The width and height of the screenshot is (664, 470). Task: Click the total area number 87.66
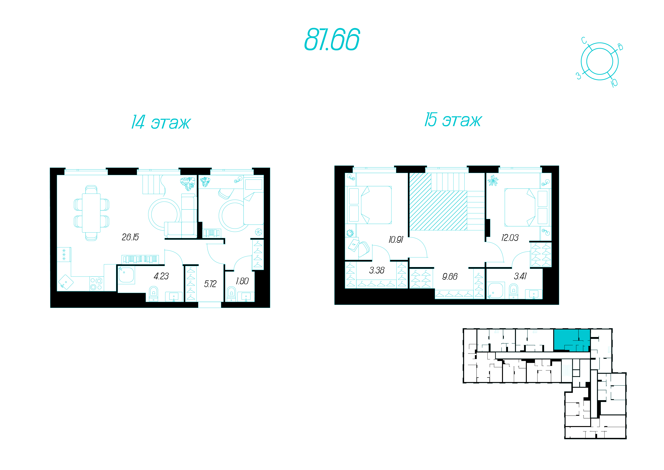coord(332,39)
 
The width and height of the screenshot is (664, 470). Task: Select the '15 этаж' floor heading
coord(453,120)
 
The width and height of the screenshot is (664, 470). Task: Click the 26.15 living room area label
coord(130,237)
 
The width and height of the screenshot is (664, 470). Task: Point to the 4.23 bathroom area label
coord(161,276)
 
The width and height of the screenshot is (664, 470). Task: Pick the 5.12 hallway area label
coord(210,284)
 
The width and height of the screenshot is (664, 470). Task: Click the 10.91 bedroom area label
coord(396,240)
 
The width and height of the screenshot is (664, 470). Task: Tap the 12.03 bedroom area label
coord(510,238)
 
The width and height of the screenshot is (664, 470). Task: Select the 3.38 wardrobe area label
coord(377,270)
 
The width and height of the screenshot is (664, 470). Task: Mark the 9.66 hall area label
coord(450,277)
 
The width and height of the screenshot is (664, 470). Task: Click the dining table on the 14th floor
coord(91,213)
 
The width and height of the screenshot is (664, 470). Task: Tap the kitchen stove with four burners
coord(96,284)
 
